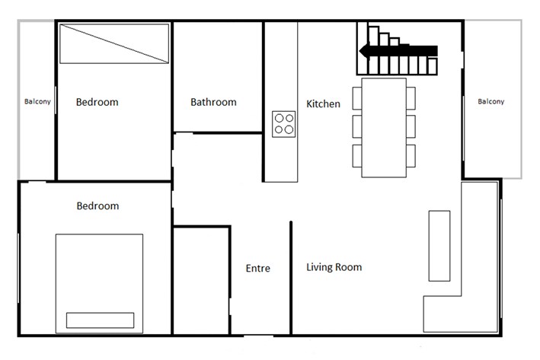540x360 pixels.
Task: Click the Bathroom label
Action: [x=213, y=102]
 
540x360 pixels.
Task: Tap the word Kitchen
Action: [x=323, y=104]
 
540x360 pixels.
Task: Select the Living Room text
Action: [x=334, y=267]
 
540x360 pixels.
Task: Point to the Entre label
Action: [x=257, y=268]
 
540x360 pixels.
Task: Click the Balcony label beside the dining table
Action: [x=490, y=102]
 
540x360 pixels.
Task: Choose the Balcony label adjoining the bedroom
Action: [x=37, y=102]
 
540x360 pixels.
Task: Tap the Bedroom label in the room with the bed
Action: [x=97, y=205]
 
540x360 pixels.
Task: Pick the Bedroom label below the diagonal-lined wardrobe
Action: [x=97, y=102]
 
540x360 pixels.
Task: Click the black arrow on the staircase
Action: [x=399, y=51]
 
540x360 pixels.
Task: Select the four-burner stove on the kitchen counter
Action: [x=284, y=123]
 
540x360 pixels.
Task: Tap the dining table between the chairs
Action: [x=384, y=127]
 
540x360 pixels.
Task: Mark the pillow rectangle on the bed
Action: [x=100, y=320]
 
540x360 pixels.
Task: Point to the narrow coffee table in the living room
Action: [x=439, y=246]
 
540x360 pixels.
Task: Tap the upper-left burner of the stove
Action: [x=279, y=118]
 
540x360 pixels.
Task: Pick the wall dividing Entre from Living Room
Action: [x=292, y=277]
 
